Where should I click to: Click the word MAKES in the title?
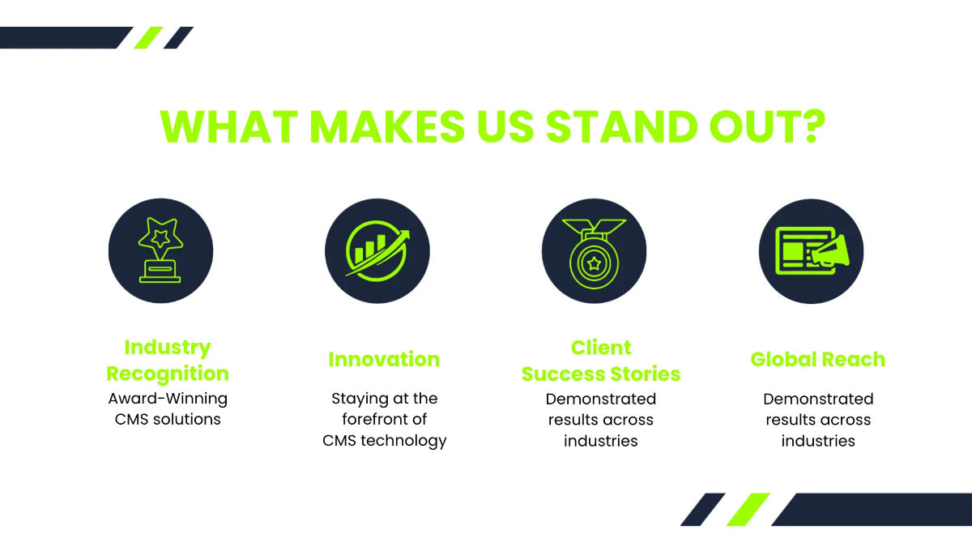387,126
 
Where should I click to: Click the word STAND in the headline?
622,126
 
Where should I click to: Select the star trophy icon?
160,250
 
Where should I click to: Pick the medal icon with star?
594,254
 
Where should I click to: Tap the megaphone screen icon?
812,251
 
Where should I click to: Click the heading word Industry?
168,348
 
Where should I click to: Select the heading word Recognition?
168,374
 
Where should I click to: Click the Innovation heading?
384,360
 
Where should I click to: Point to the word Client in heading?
601,348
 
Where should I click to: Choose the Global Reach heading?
818,360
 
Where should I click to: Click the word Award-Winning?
168,399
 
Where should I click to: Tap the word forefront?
373,420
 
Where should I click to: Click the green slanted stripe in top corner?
148,38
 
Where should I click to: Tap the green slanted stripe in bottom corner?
748,509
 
